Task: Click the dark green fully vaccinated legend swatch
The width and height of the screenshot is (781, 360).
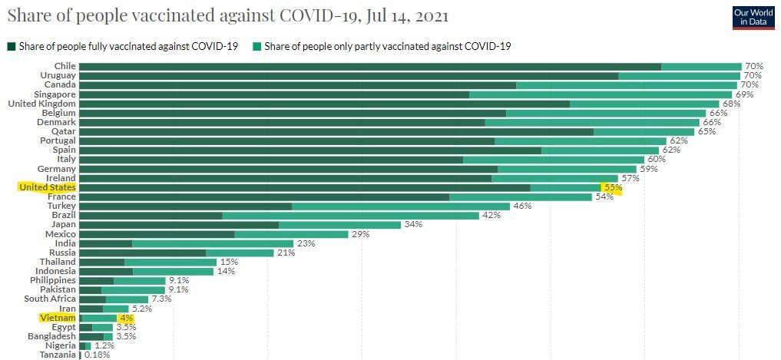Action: pyautogui.click(x=12, y=47)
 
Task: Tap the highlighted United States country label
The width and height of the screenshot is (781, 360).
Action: pyautogui.click(x=47, y=187)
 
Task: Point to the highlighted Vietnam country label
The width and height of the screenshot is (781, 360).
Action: pyautogui.click(x=58, y=318)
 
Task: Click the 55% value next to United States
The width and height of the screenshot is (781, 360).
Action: pyautogui.click(x=612, y=187)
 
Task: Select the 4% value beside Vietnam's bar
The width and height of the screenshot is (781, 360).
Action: pyautogui.click(x=126, y=318)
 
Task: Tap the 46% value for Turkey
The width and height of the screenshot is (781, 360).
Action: pyautogui.click(x=523, y=206)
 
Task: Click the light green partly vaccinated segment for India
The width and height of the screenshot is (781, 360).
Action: pyautogui.click(x=213, y=243)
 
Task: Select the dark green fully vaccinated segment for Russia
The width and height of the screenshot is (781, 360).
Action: pyautogui.click(x=142, y=253)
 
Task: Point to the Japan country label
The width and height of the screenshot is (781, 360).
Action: pyautogui.click(x=63, y=224)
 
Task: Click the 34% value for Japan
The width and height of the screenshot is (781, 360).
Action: pyautogui.click(x=413, y=224)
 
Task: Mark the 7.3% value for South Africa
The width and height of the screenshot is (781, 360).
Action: pyautogui.click(x=161, y=299)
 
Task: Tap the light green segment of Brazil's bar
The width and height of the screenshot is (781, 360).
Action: pyautogui.click(x=350, y=215)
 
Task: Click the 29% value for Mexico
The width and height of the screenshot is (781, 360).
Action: pyautogui.click(x=360, y=234)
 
